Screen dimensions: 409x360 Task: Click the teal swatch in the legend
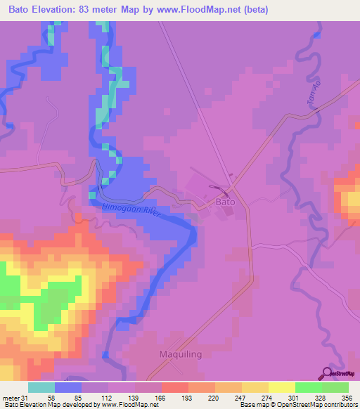(x=41, y=387)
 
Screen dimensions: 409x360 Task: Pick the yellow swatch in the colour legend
(x=281, y=387)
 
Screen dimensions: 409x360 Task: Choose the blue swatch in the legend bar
(x=67, y=387)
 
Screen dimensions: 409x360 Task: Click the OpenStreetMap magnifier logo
(x=327, y=372)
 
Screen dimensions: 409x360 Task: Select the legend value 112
(x=108, y=397)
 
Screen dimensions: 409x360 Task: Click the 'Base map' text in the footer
(x=253, y=405)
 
